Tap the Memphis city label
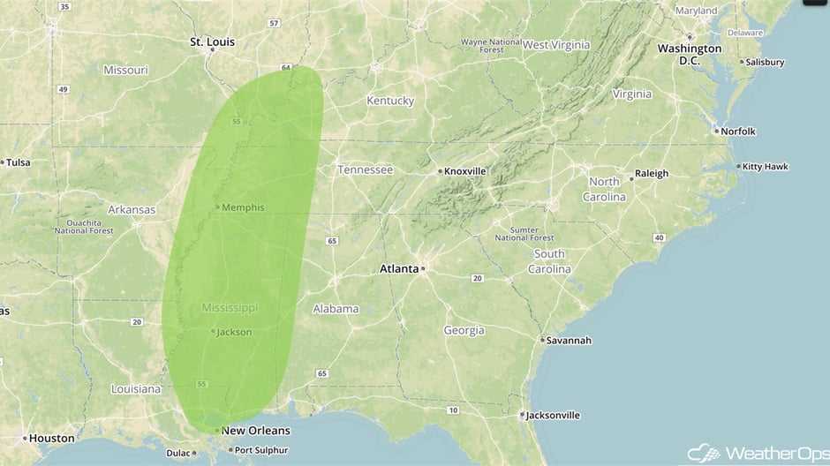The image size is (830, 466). (244, 207)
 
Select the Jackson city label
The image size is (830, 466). (234, 332)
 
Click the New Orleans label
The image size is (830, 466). (255, 431)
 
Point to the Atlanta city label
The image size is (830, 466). (398, 268)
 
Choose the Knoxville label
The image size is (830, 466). (464, 170)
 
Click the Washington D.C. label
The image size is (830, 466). (689, 54)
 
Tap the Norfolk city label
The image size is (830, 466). (738, 132)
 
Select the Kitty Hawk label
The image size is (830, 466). (766, 166)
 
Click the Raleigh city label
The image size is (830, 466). (651, 174)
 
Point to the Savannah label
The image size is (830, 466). (568, 340)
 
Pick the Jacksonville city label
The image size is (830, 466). (553, 415)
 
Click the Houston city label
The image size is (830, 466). (51, 438)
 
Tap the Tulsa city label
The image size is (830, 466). (19, 162)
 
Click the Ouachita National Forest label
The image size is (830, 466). (84, 227)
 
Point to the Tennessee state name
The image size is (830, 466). (365, 169)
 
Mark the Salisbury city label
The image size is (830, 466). (764, 63)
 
